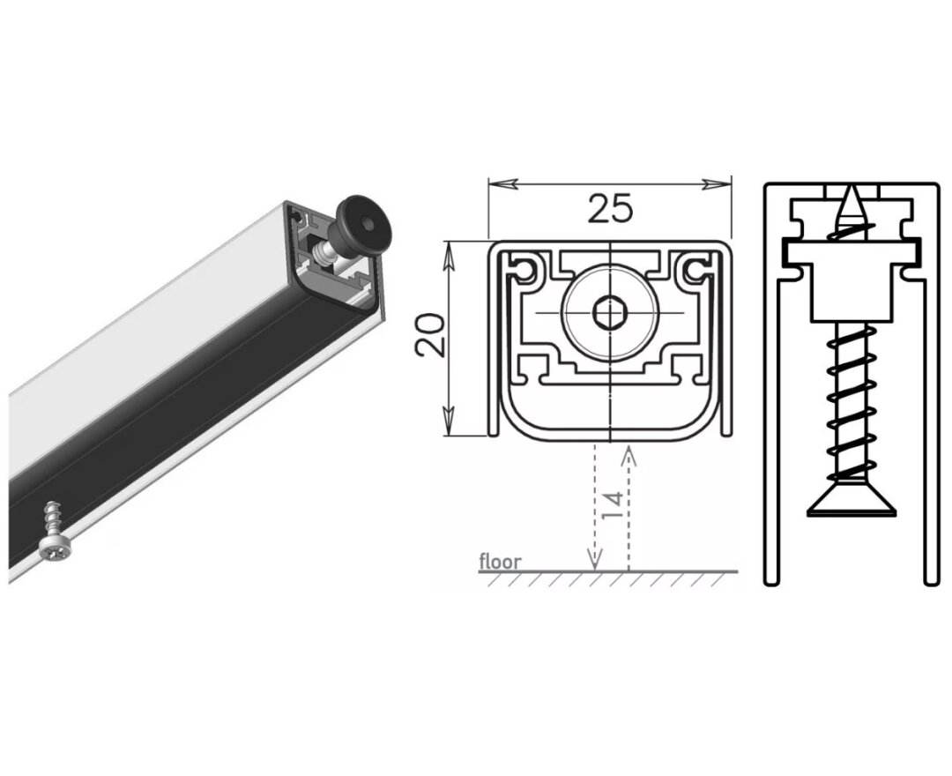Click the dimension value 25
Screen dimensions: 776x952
click(610, 208)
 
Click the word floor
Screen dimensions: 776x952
click(500, 561)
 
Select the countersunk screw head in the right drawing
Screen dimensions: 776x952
click(851, 502)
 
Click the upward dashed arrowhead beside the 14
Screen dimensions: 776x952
click(628, 451)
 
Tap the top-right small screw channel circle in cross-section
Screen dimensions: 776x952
click(695, 268)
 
